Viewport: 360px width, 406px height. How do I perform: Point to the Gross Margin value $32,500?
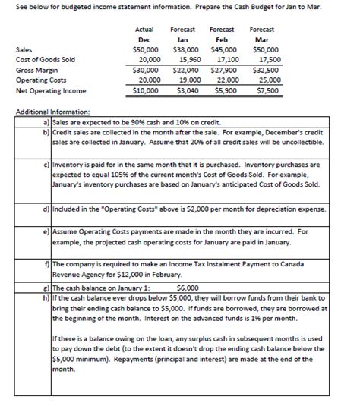(264, 71)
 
